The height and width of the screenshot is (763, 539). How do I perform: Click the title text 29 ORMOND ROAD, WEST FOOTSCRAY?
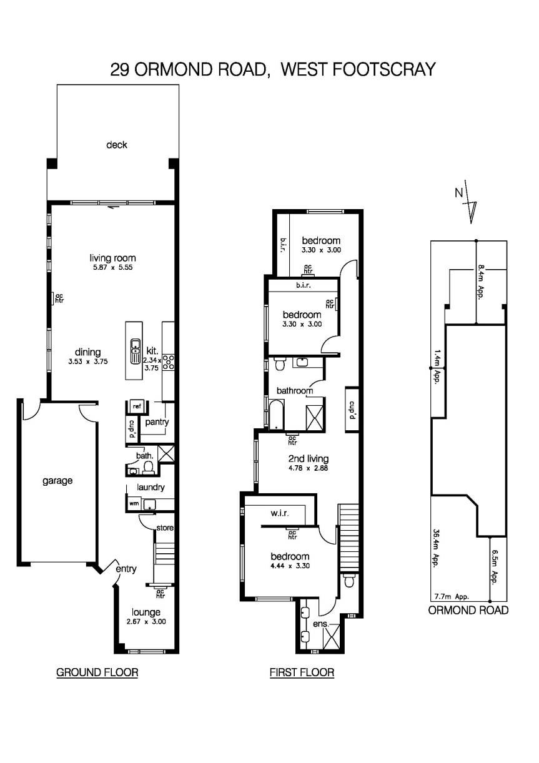tap(272, 69)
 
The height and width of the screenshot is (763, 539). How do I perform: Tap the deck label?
tap(117, 145)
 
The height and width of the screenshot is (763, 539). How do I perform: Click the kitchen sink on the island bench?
tap(134, 352)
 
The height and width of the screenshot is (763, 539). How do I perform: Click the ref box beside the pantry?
tap(136, 406)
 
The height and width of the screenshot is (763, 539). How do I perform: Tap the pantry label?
tap(157, 422)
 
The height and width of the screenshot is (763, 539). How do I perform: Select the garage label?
tap(57, 481)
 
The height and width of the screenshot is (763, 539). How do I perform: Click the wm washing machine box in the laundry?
tap(134, 503)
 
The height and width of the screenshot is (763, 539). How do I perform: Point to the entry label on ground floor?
tap(126, 569)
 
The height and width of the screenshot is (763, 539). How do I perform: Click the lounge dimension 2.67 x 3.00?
tap(146, 622)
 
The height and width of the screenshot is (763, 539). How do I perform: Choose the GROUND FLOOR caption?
tap(97, 672)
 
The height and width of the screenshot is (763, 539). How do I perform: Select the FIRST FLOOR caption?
tap(302, 672)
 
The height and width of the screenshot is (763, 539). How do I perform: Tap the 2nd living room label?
tap(305, 459)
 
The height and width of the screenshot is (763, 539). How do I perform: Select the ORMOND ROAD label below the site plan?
tap(468, 610)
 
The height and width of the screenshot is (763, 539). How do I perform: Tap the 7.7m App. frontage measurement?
tap(451, 596)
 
